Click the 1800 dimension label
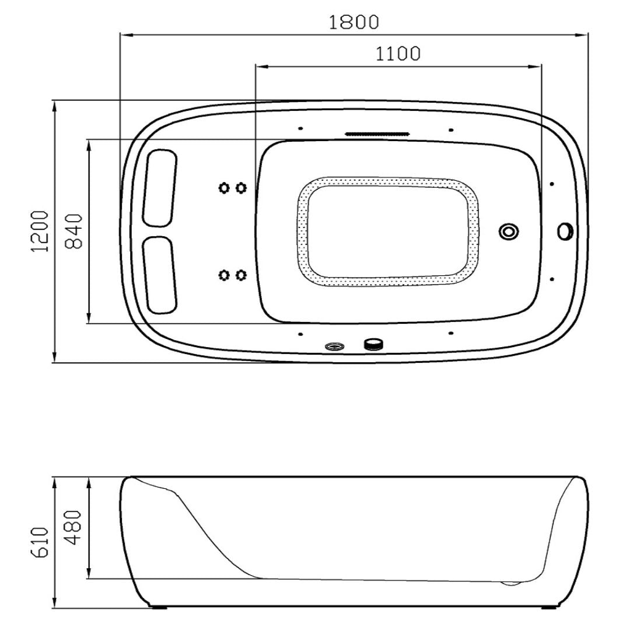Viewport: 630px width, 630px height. tap(353, 23)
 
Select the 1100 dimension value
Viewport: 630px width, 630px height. tap(398, 54)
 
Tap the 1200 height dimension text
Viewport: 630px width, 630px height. tap(40, 231)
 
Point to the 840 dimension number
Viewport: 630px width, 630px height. tap(74, 231)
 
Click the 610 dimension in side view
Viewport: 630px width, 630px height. tap(40, 542)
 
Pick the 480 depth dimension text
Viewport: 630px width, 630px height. tap(74, 527)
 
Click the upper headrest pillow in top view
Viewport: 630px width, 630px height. tap(160, 188)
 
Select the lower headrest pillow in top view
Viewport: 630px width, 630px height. tap(159, 275)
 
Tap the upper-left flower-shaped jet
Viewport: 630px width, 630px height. tap(223, 188)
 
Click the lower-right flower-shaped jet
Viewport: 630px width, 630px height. tap(241, 275)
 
